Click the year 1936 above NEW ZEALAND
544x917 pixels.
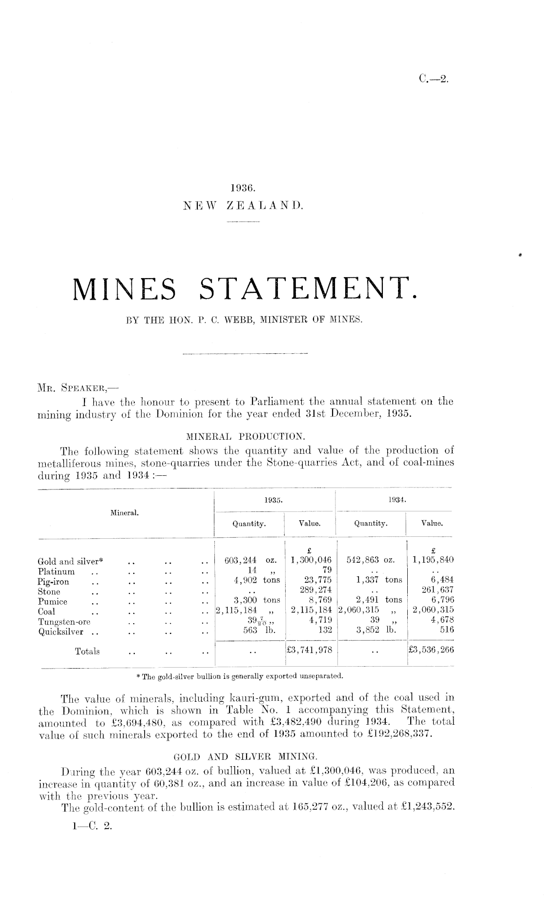click(243, 187)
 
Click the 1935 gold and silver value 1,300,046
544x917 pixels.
click(311, 560)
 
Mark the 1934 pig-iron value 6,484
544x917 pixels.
click(441, 580)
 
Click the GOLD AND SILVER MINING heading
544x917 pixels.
click(246, 757)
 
